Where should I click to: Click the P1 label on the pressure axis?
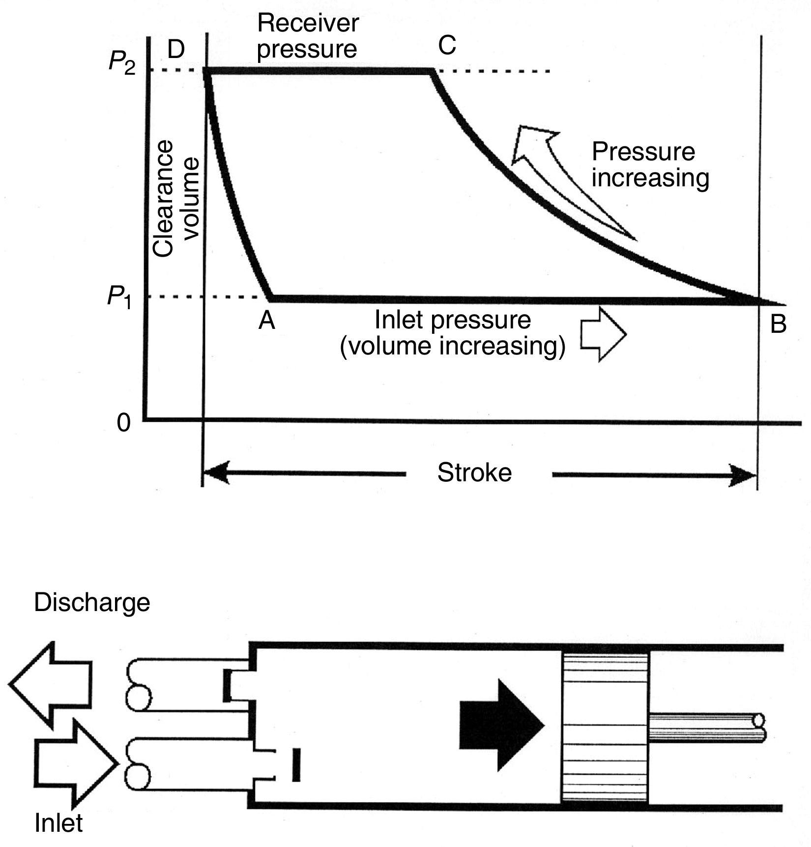click(119, 298)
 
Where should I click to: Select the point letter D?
click(176, 50)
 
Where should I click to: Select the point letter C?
click(447, 46)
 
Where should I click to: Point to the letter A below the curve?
click(267, 321)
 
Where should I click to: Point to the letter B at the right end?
click(778, 324)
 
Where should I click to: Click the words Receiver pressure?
click(308, 36)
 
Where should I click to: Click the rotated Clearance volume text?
click(175, 199)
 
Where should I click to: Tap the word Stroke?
click(474, 473)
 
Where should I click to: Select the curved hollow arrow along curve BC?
click(555, 172)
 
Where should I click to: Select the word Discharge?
click(92, 603)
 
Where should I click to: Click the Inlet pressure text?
click(452, 320)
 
